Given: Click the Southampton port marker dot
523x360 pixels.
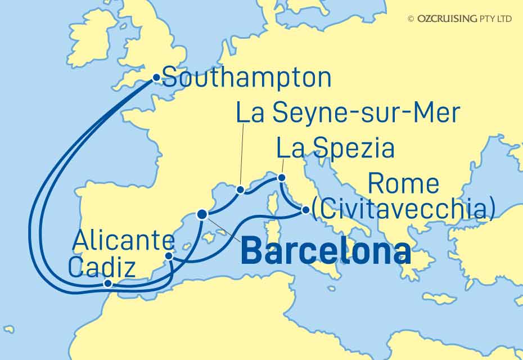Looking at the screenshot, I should [156, 78].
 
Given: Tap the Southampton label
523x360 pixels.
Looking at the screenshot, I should [246, 78].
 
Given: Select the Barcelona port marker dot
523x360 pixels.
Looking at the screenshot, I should [202, 214].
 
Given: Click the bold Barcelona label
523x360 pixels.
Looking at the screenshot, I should [325, 253].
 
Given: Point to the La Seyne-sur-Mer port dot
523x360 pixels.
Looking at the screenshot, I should [240, 190].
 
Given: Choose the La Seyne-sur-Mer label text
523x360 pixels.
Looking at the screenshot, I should [348, 114].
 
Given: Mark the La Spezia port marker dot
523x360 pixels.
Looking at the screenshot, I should [281, 178].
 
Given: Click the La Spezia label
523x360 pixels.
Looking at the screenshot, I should [335, 149].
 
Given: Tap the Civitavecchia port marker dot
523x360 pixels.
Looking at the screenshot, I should [305, 210].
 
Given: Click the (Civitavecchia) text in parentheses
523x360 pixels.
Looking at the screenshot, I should [403, 210].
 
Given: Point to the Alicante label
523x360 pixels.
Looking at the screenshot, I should [123, 242].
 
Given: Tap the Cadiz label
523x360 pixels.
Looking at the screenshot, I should [101, 268].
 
